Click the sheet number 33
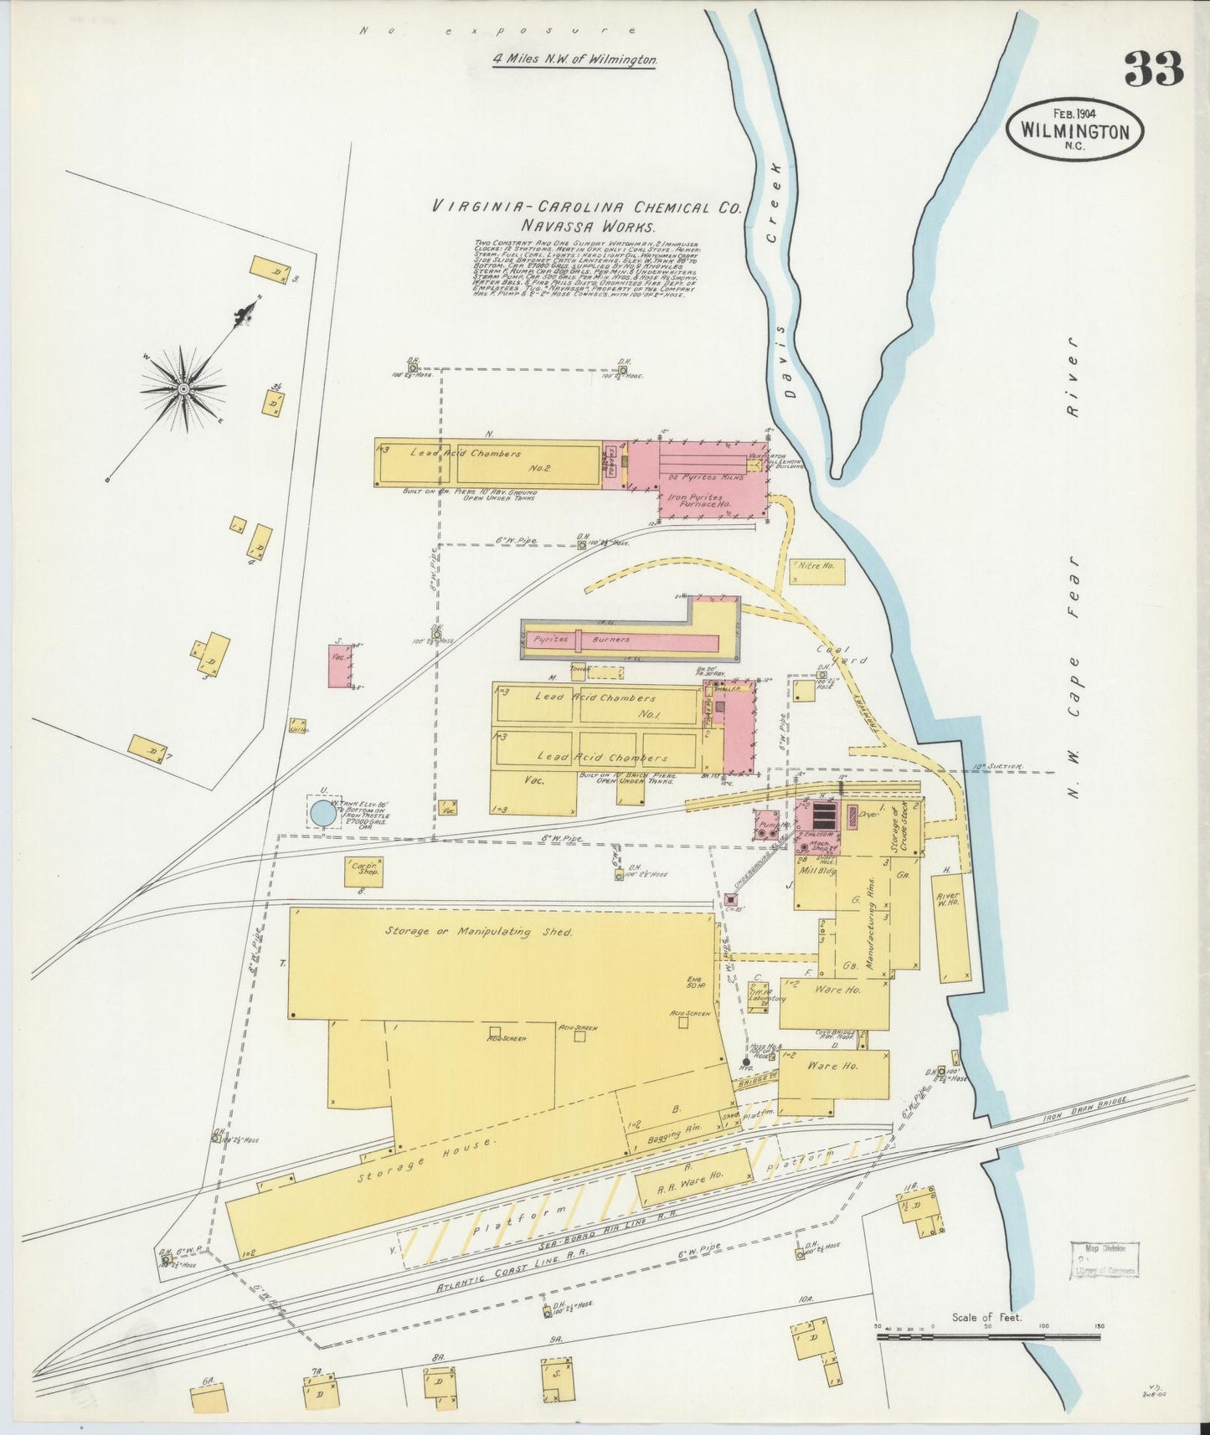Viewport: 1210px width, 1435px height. [1154, 69]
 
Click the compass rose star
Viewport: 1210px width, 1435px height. [183, 388]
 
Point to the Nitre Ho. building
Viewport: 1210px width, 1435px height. [816, 571]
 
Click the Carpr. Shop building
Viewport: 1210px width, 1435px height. [363, 871]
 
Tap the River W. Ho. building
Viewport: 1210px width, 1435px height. [950, 928]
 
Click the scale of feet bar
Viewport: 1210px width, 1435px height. [988, 1337]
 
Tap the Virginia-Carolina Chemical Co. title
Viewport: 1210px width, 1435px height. [586, 207]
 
